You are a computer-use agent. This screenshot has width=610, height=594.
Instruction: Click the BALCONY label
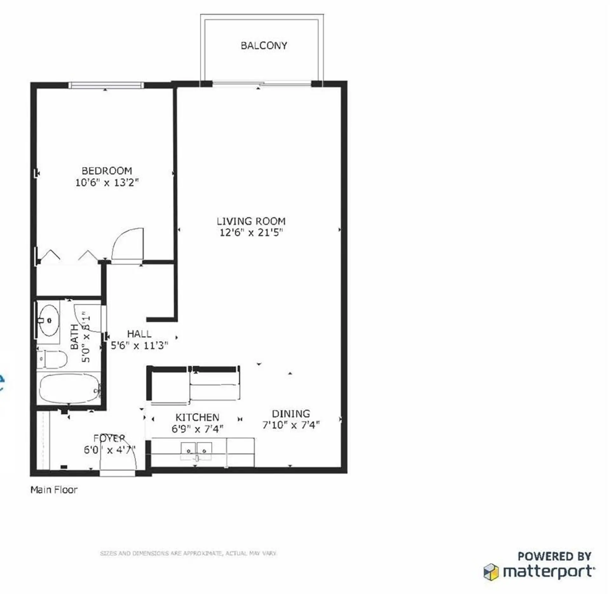tap(264, 46)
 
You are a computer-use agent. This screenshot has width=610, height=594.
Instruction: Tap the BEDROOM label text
tap(107, 171)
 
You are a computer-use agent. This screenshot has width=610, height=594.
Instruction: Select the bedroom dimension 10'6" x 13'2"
tap(107, 183)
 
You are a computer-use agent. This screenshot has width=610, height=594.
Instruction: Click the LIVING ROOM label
tap(251, 221)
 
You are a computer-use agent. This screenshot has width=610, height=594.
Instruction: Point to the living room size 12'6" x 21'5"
tap(251, 233)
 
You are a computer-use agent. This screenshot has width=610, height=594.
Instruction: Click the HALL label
tap(139, 334)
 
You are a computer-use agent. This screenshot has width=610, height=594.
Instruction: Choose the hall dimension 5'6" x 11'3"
tap(139, 345)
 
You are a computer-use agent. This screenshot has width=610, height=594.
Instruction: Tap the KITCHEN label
tap(197, 417)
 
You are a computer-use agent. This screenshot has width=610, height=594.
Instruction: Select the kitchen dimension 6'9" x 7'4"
tap(197, 429)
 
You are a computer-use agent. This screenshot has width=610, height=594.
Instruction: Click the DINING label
tap(291, 414)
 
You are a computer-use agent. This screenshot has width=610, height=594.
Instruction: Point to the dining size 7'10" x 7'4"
tap(291, 425)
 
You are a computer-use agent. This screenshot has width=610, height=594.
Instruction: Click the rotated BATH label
tap(74, 337)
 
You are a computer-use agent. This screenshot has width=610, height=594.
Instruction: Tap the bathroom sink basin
tap(50, 321)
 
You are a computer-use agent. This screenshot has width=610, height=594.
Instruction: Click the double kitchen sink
tap(196, 451)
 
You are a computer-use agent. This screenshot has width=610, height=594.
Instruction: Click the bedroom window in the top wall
tap(106, 85)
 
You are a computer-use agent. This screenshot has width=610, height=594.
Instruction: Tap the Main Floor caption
tap(54, 490)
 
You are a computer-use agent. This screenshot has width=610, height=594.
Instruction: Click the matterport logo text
tap(548, 571)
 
